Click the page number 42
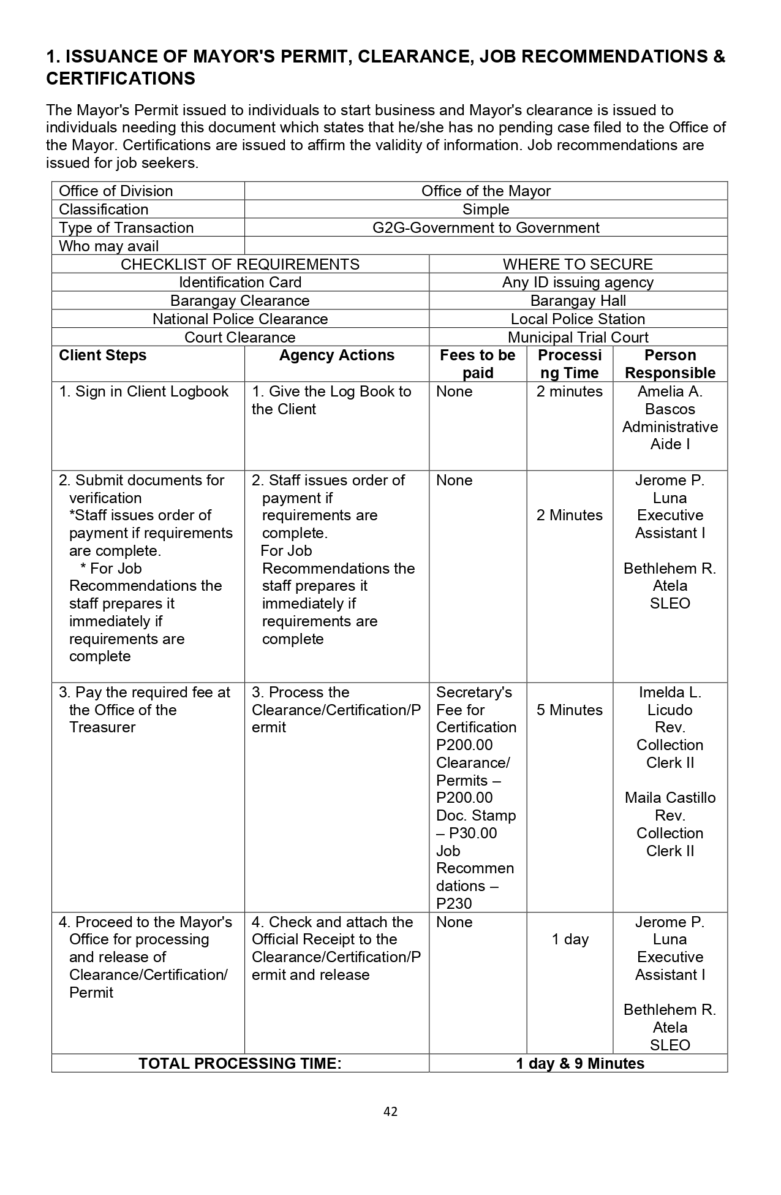(390, 1112)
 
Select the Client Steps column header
(102, 356)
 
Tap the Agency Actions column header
(336, 356)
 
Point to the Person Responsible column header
(670, 364)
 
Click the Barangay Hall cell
(578, 301)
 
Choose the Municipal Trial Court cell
(578, 338)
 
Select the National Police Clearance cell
(240, 319)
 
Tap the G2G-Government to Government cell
(486, 228)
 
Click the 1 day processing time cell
(570, 939)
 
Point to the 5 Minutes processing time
(570, 710)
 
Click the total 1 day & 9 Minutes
(579, 1063)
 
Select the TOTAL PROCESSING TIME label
(240, 1063)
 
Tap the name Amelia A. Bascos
(670, 400)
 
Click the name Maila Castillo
(670, 798)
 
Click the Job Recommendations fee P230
(454, 904)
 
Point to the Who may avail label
(108, 246)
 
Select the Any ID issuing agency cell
(578, 283)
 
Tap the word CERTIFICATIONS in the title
(121, 79)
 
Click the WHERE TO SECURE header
(578, 264)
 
